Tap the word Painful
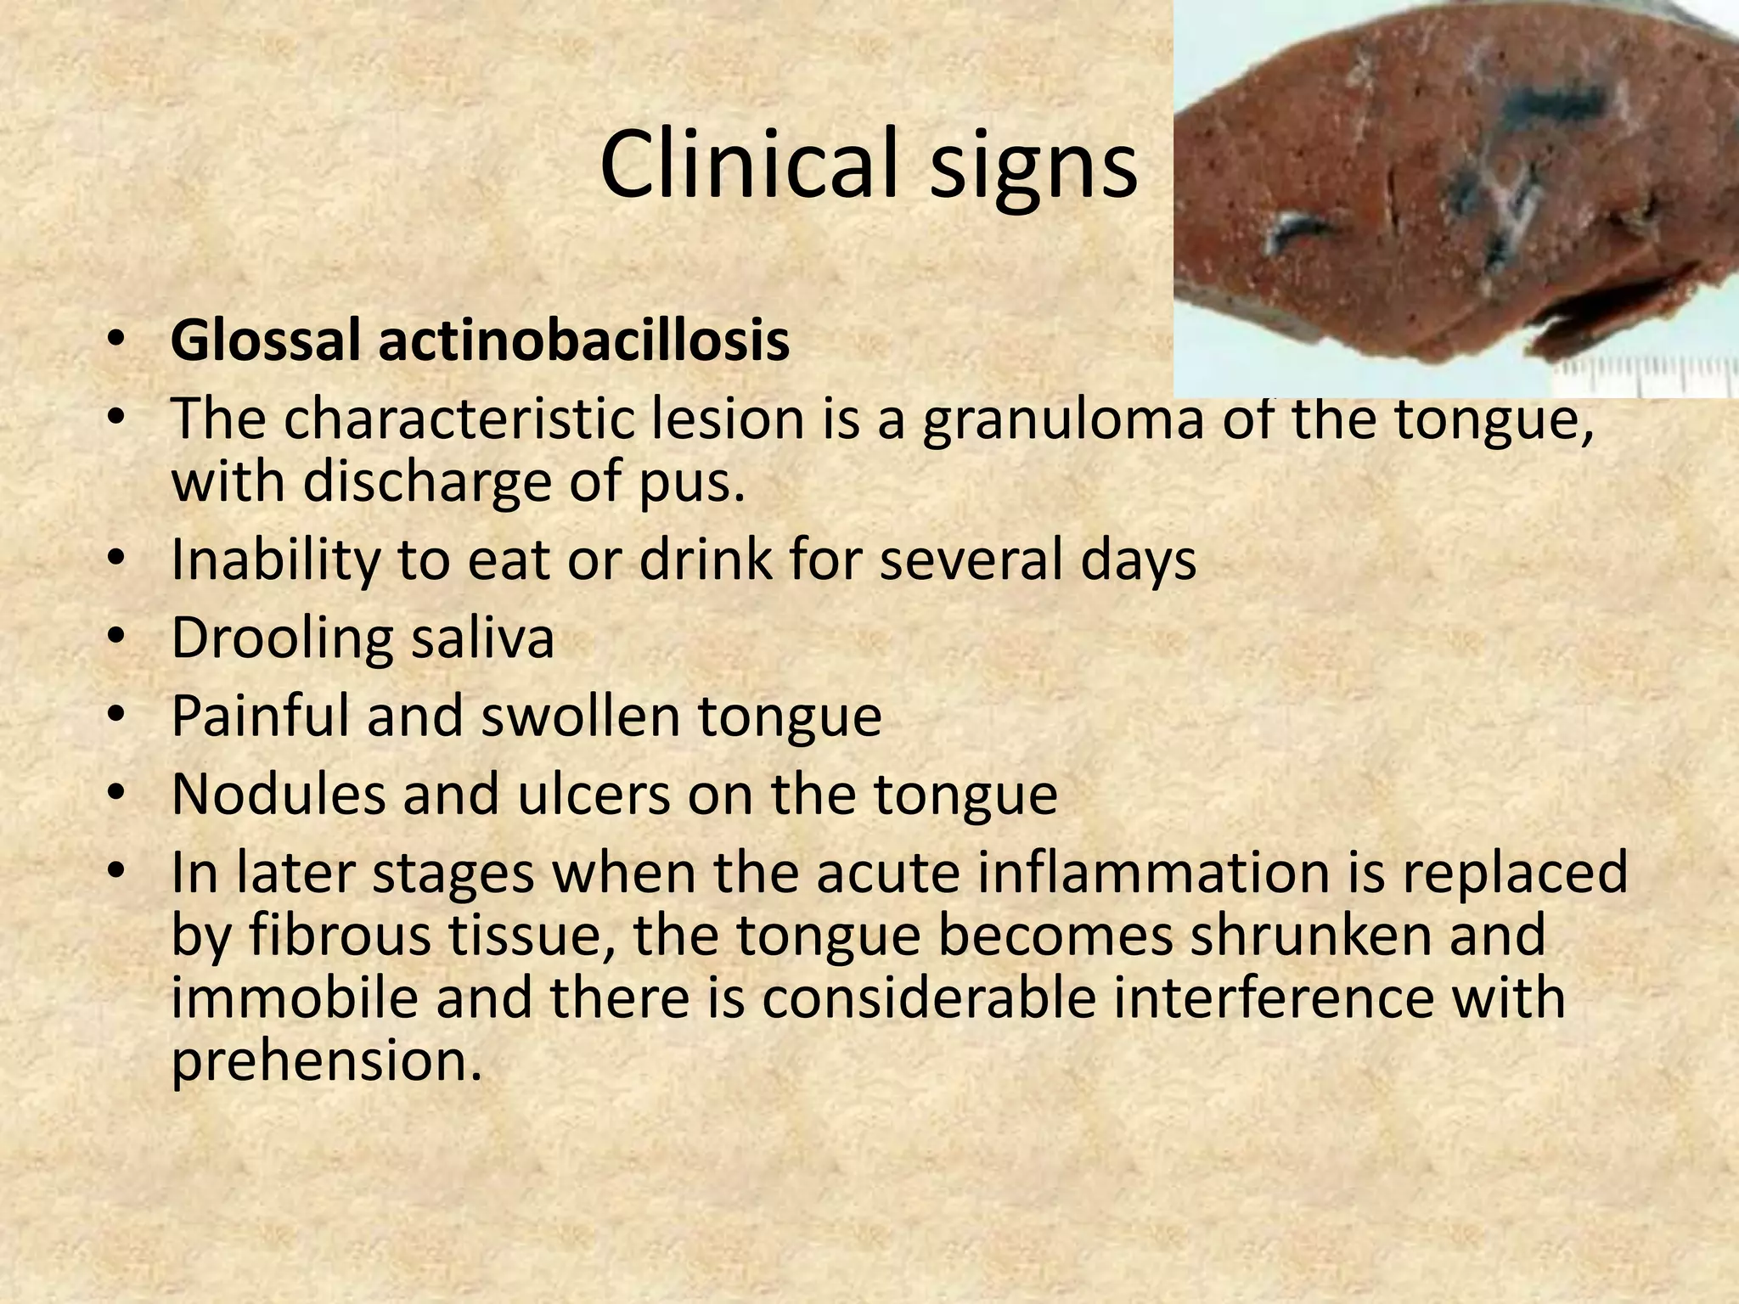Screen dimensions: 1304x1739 coord(261,716)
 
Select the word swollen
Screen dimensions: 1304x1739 coord(581,716)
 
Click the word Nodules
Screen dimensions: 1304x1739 coord(278,794)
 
